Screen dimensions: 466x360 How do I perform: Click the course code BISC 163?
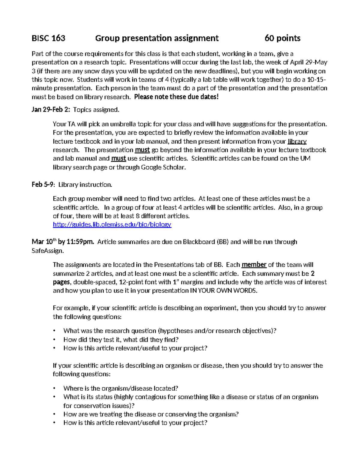[x=48, y=38]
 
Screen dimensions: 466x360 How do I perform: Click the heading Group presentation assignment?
[x=157, y=38]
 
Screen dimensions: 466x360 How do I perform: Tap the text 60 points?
[x=282, y=38]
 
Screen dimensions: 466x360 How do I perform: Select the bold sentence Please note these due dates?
[x=176, y=97]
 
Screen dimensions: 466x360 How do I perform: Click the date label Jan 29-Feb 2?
[x=51, y=110]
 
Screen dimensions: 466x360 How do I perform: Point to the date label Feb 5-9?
[x=43, y=185]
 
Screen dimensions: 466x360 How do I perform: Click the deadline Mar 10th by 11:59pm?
[x=63, y=242]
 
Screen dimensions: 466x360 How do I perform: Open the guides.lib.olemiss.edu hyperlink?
[x=112, y=224]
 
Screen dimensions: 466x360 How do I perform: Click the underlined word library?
[x=297, y=142]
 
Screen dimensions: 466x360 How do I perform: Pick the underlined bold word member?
[x=254, y=265]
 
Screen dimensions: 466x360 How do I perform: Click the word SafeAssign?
[x=47, y=251]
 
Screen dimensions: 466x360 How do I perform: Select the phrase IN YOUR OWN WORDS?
[x=223, y=291]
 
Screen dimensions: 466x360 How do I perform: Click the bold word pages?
[x=61, y=282]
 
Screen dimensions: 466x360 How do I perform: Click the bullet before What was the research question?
[x=54, y=331]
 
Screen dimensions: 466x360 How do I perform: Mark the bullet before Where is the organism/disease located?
[x=54, y=389]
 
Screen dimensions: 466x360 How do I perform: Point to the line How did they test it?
[x=121, y=340]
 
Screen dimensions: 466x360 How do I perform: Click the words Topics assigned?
[x=96, y=110]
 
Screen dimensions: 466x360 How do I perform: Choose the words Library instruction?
[x=85, y=185]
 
